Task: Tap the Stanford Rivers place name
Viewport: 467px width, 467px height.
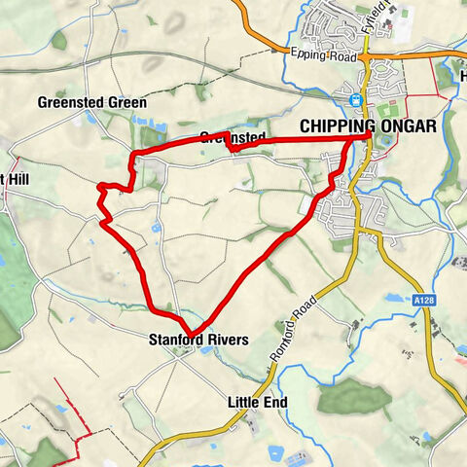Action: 198,340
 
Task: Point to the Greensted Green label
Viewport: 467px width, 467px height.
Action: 92,102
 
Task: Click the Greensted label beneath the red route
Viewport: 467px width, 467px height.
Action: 233,138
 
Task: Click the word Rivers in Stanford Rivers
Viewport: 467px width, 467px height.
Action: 228,340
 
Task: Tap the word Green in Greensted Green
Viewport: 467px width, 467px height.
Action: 127,102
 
